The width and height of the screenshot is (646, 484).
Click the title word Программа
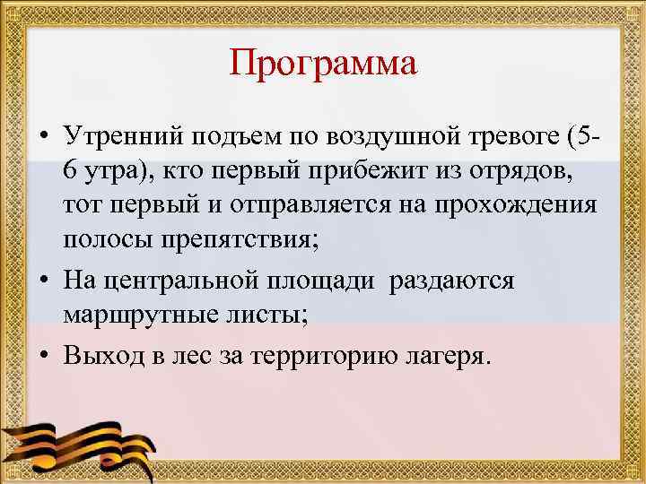click(x=323, y=64)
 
